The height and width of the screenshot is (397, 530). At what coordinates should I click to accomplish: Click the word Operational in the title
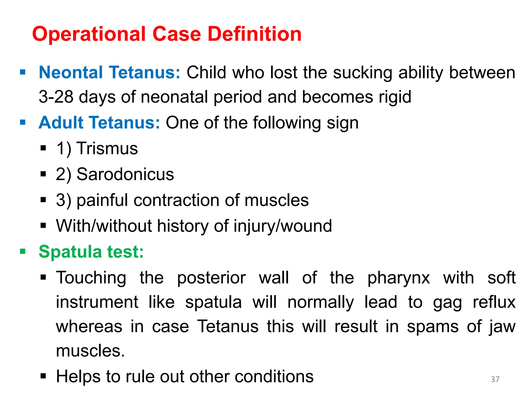point(89,34)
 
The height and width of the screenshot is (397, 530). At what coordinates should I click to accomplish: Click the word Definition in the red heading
point(255,34)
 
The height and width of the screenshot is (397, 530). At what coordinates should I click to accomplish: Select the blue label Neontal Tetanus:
point(109,72)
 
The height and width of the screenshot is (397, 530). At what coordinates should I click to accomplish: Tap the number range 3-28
point(56,97)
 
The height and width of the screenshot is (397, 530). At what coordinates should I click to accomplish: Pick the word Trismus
point(107,148)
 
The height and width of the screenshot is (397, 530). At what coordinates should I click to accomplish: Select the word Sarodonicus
point(125,174)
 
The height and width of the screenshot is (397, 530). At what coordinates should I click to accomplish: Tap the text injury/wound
point(283,226)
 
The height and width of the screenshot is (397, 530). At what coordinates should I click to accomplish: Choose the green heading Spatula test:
point(91,251)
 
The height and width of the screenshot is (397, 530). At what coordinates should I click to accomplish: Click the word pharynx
point(399,278)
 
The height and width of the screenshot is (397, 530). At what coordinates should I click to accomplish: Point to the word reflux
point(494,302)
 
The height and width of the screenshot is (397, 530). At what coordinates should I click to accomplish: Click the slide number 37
point(495,379)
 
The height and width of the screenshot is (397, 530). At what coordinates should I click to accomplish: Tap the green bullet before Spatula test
point(23,251)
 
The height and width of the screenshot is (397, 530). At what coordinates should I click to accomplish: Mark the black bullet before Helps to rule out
point(43,376)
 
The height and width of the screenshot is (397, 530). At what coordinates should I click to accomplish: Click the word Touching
point(91,278)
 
